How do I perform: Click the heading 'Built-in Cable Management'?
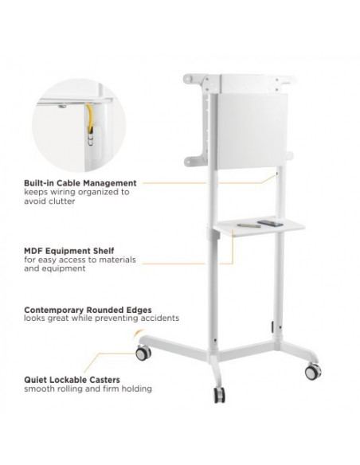coord(80,183)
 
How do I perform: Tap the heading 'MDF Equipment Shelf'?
coord(68,251)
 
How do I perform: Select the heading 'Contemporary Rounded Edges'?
coord(88,310)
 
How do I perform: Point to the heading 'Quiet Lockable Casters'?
coord(72,380)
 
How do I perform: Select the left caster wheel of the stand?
coord(143,354)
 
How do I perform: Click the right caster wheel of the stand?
coord(313,372)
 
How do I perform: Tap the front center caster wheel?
coord(220,395)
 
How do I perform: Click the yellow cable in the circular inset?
coord(89,118)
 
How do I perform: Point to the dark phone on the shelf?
coord(270,223)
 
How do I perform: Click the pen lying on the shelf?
coord(248,225)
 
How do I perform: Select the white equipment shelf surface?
coord(259,228)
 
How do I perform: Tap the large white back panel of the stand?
coord(252,131)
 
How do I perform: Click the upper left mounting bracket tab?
coord(194,80)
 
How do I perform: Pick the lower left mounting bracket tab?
coord(193,162)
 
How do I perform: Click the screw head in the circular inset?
coord(62,106)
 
